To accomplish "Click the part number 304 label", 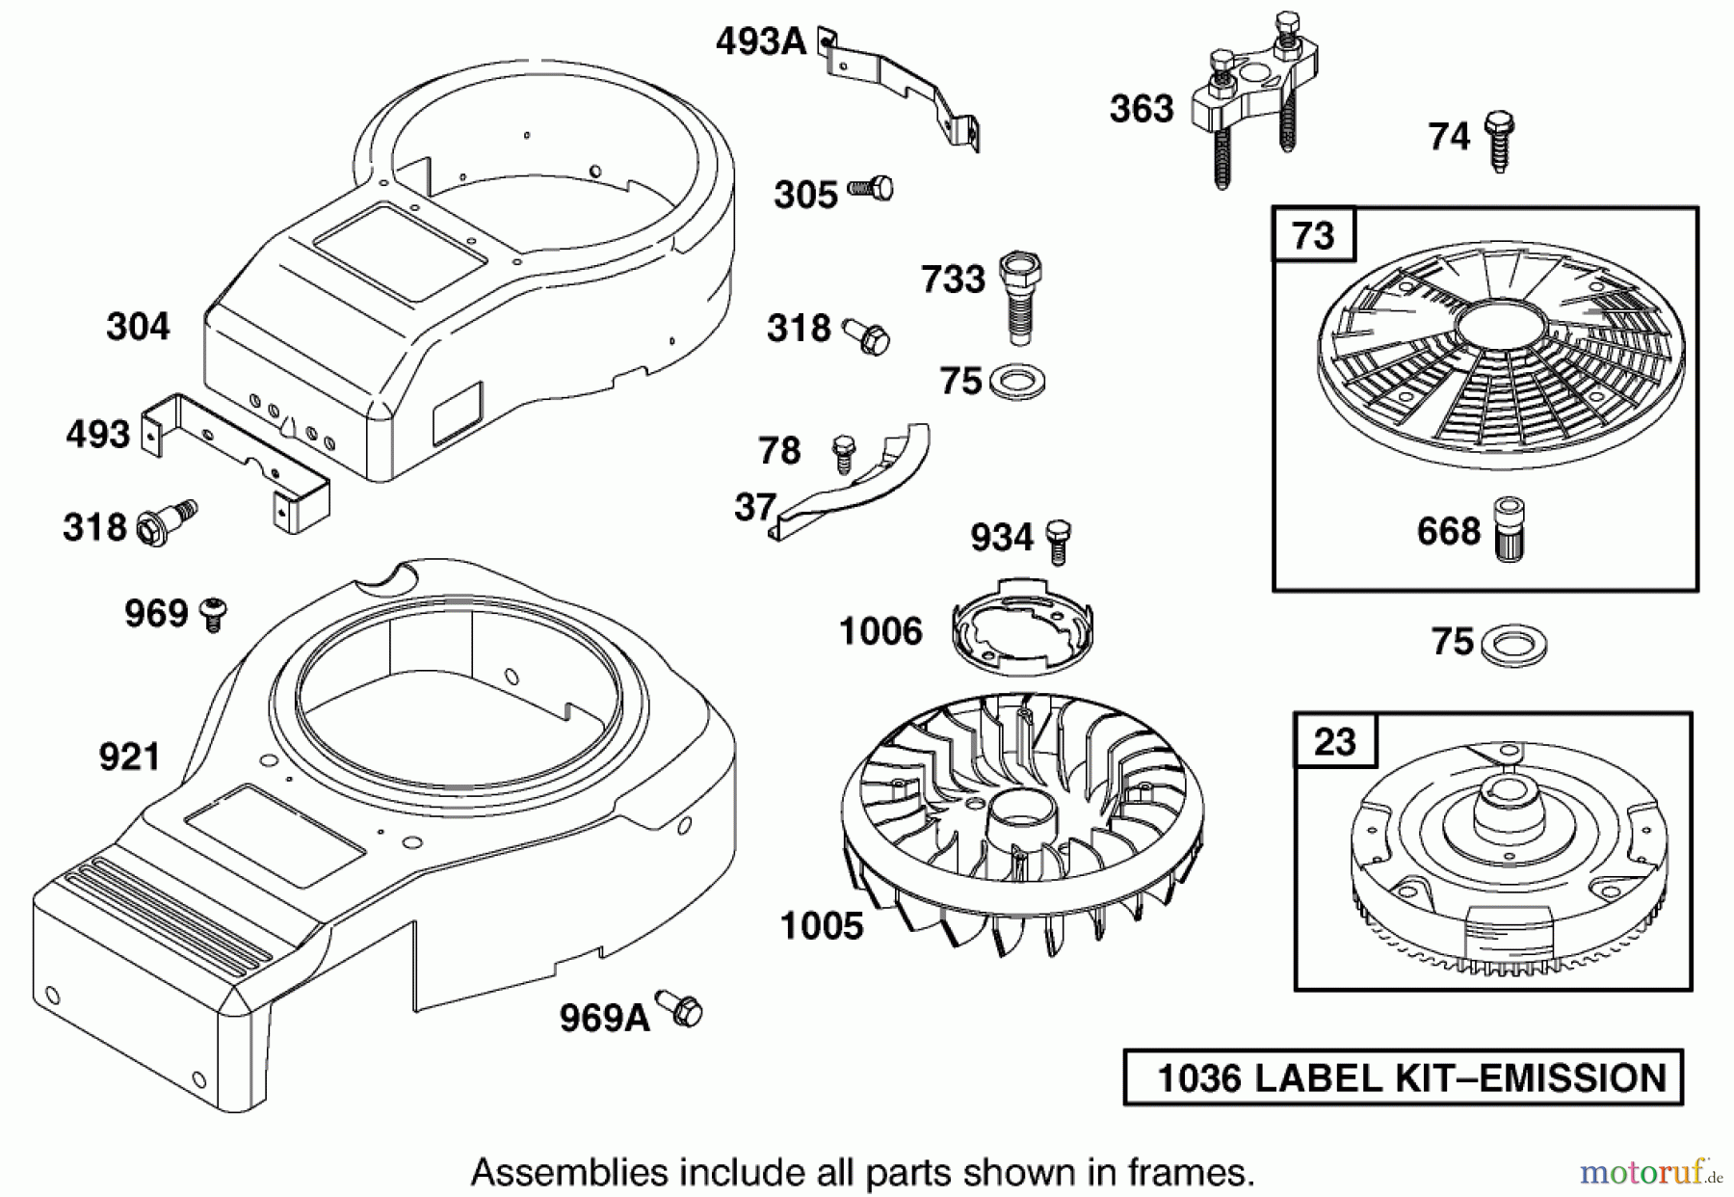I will [x=138, y=327].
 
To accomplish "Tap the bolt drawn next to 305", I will [x=872, y=189].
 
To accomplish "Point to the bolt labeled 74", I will [x=1499, y=140].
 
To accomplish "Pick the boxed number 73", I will [x=1314, y=235].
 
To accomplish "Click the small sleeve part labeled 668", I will [x=1508, y=530].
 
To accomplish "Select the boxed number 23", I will [x=1335, y=742].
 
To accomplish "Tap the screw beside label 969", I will [x=213, y=614].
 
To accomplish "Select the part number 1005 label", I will [x=822, y=926].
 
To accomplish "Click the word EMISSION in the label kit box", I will [x=1571, y=1077].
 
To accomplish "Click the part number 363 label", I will [x=1142, y=109].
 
